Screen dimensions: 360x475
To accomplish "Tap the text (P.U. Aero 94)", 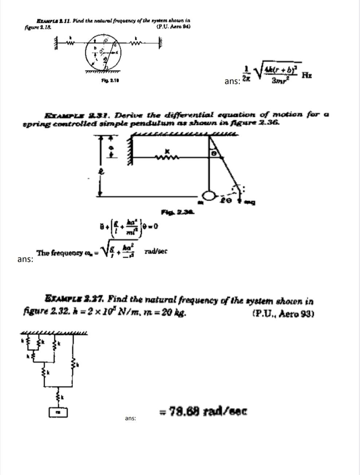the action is [173, 27].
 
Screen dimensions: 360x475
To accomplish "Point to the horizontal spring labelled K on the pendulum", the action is [167, 157].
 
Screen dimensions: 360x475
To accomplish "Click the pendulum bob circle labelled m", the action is [209, 196].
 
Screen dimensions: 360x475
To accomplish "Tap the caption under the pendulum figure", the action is [177, 211].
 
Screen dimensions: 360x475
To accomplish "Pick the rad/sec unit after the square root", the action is [156, 252].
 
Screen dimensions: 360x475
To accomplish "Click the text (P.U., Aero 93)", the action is [283, 314].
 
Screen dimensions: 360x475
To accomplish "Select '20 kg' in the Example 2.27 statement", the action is [175, 312].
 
